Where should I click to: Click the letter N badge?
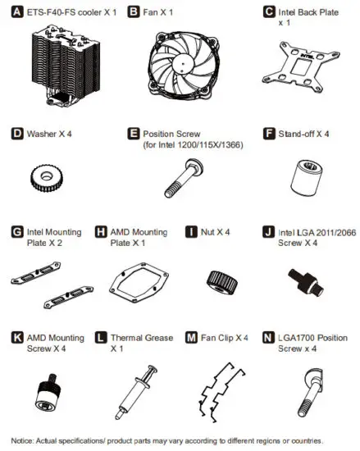tap(267, 336)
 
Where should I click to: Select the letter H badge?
tap(102, 233)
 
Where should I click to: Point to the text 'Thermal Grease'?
tap(139, 337)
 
